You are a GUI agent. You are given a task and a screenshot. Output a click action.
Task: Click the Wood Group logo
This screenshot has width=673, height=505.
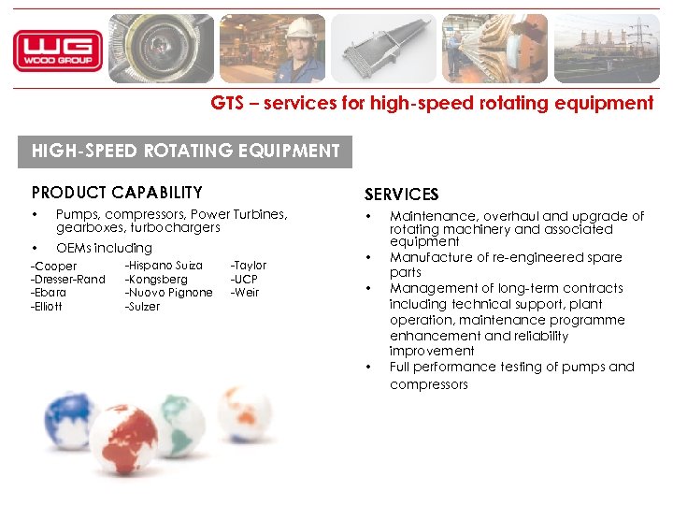pyautogui.click(x=57, y=50)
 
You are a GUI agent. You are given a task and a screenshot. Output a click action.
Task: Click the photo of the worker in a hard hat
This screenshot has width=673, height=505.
pyautogui.click(x=272, y=49)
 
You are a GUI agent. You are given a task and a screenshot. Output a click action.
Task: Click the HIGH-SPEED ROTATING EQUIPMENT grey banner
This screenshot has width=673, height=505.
pyautogui.click(x=185, y=151)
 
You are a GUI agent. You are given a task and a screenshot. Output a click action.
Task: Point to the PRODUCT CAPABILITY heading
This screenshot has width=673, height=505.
pyautogui.click(x=117, y=193)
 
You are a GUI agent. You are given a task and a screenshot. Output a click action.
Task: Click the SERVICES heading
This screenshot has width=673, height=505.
pyautogui.click(x=401, y=195)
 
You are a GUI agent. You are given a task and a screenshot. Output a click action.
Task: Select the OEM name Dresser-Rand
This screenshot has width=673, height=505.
pyautogui.click(x=68, y=280)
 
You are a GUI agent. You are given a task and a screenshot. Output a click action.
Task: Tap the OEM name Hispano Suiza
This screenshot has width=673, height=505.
pyautogui.click(x=164, y=266)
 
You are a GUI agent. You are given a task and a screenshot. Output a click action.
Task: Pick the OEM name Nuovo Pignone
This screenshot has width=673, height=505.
pyautogui.click(x=169, y=293)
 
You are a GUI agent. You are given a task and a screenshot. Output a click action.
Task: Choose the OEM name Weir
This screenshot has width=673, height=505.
pyautogui.click(x=245, y=293)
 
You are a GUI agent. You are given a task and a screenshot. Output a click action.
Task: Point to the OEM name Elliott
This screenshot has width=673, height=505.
pyautogui.click(x=47, y=307)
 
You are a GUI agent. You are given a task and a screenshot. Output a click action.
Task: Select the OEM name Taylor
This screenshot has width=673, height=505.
pyautogui.click(x=249, y=266)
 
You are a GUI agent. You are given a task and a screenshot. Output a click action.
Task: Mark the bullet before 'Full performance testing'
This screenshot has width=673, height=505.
pyautogui.click(x=370, y=367)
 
